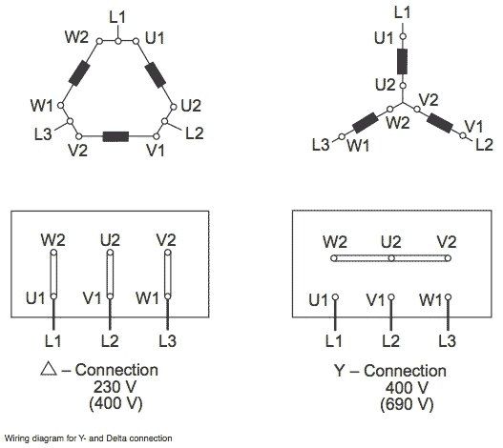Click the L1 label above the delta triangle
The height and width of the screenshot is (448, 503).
tap(117, 17)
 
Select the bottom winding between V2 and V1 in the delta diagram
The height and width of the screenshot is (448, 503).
tap(115, 136)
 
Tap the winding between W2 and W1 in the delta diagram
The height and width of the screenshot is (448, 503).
tap(79, 73)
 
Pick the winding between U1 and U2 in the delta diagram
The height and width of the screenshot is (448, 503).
tap(156, 75)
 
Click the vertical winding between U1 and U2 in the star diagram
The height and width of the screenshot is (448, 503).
tap(403, 62)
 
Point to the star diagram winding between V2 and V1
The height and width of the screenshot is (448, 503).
tap(440, 123)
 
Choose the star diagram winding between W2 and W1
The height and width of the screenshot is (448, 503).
tap(366, 123)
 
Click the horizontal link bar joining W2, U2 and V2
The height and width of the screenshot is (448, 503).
tap(391, 258)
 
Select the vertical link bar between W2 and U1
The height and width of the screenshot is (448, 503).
tap(53, 275)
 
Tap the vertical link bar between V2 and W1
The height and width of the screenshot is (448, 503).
tap(168, 275)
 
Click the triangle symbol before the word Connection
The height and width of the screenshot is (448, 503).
tap(49, 369)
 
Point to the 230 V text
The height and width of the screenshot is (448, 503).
tap(115, 386)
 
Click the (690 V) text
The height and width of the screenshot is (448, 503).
tap(407, 404)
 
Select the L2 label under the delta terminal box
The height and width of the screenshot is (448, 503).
tap(110, 341)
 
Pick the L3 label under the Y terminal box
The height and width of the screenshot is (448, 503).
tap(448, 341)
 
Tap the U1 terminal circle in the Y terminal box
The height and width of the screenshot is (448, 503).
tap(335, 297)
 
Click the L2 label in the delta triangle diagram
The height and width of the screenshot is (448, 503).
tap(195, 133)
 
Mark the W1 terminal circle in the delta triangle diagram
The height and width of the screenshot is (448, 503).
tap(60, 105)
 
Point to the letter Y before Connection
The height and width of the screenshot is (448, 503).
tap(339, 371)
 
